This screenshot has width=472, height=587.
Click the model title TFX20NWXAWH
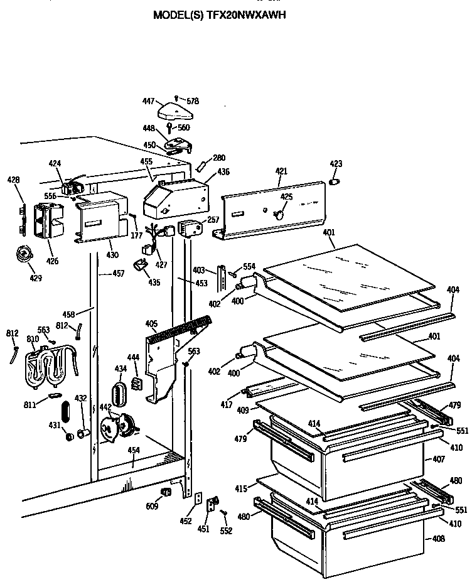(x=219, y=15)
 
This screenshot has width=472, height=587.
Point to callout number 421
(x=281, y=171)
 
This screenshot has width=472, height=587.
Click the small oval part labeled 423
(x=335, y=181)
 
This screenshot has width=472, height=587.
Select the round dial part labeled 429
(x=25, y=255)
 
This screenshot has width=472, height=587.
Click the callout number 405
(x=151, y=324)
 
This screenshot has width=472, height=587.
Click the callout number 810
(x=33, y=340)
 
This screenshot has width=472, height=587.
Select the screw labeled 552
(x=223, y=514)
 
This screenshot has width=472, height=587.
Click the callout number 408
(x=438, y=538)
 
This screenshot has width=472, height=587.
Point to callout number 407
(x=438, y=460)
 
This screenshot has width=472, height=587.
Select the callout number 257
(x=213, y=220)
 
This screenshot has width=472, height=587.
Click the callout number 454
(x=134, y=450)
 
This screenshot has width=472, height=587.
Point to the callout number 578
(x=192, y=101)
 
